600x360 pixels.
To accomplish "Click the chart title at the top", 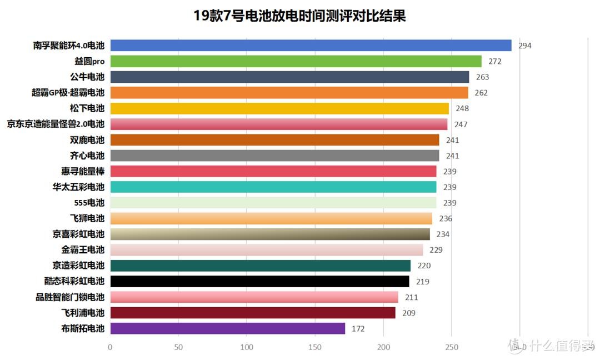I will click(299, 16).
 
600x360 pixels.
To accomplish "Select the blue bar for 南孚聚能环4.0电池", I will click(311, 46).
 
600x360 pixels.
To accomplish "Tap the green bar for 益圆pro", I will click(296, 61).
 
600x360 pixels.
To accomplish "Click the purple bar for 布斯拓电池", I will click(228, 328).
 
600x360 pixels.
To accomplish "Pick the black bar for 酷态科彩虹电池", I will click(259, 281).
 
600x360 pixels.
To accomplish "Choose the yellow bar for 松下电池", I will click(279, 108).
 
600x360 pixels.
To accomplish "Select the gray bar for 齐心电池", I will click(274, 156).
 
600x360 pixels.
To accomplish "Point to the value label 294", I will click(525, 46).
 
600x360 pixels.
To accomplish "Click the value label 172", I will click(358, 329).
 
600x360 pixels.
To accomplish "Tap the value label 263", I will click(482, 77).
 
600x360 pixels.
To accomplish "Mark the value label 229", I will click(436, 250).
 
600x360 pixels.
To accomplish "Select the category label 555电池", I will click(89, 203).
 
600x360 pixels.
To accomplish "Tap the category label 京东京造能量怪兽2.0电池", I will click(56, 124).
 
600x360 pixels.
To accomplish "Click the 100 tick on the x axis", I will click(247, 347).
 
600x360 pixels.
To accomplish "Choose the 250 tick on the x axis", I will click(451, 347).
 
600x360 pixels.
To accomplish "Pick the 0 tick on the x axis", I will click(110, 347).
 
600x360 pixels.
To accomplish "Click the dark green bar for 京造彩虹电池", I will click(260, 266).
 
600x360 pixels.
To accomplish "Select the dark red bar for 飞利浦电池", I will click(253, 313).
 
